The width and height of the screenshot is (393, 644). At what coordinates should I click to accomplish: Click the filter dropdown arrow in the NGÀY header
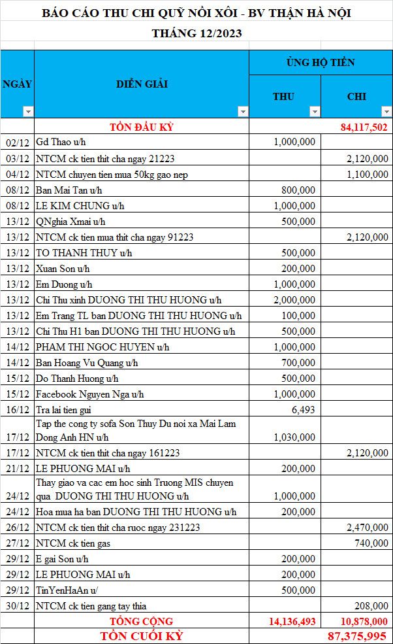[27, 112]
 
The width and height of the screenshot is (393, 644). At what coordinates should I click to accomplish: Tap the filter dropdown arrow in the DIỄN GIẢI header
[243, 112]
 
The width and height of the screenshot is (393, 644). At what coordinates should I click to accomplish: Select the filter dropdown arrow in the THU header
[315, 112]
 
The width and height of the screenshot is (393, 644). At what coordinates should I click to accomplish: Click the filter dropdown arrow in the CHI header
[386, 112]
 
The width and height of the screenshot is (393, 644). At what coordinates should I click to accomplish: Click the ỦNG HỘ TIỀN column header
[321, 63]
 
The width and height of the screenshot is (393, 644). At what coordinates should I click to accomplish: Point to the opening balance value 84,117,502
[364, 127]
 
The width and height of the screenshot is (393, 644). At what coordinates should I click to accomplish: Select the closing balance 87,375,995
[358, 636]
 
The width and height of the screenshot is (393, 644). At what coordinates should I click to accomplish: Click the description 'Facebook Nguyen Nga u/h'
[90, 394]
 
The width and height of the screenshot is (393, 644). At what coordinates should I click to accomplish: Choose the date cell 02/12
[17, 143]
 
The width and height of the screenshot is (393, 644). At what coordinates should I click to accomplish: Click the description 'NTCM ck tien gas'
[73, 543]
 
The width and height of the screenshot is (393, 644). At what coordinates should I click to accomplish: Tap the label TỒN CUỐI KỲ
[141, 636]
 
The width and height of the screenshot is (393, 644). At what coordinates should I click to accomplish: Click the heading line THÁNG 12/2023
[196, 33]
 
